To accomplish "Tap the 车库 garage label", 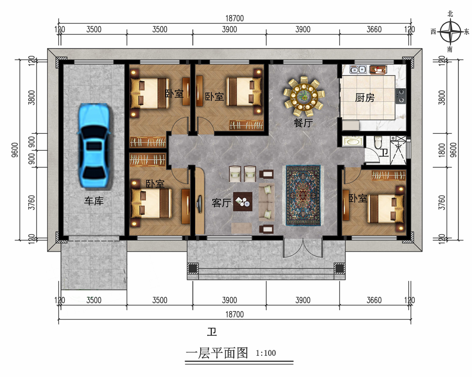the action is tap(93, 201).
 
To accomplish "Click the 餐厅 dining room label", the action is tap(303, 123).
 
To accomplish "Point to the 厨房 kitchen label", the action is tap(364, 98).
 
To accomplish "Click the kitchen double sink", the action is tap(358, 70).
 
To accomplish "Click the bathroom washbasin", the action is tap(352, 141).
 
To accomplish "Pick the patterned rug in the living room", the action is tap(303, 195).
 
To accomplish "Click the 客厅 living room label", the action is tap(221, 203).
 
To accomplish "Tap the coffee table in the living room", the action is tap(243, 202).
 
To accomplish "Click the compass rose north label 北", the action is tap(450, 14).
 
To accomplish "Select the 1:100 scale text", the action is tap(266, 353).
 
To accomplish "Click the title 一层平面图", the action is tap(217, 353).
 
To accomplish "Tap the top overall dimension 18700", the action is tap(235, 18).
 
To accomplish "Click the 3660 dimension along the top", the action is tap(374, 30).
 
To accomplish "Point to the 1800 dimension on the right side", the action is tap(442, 150).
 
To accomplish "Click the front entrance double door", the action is tap(303, 247).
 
